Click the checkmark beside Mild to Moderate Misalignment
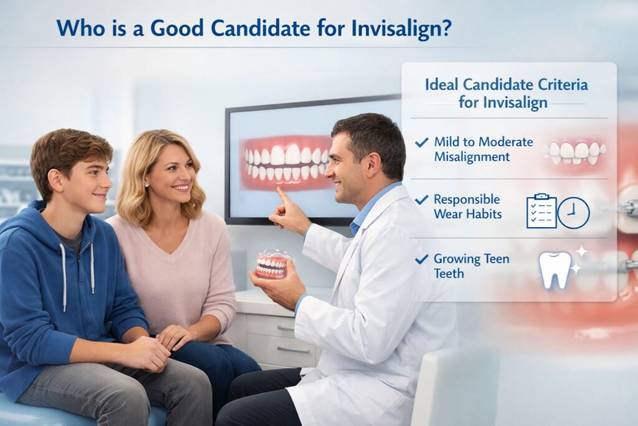tap(422, 143)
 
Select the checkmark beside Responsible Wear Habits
tap(422, 200)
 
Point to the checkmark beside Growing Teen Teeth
tap(422, 258)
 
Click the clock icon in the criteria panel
tap(573, 213)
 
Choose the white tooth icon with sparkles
tap(556, 268)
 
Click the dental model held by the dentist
tap(272, 264)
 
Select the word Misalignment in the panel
tap(472, 156)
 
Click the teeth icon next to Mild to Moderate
tap(574, 151)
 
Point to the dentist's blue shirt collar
tap(364, 212)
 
